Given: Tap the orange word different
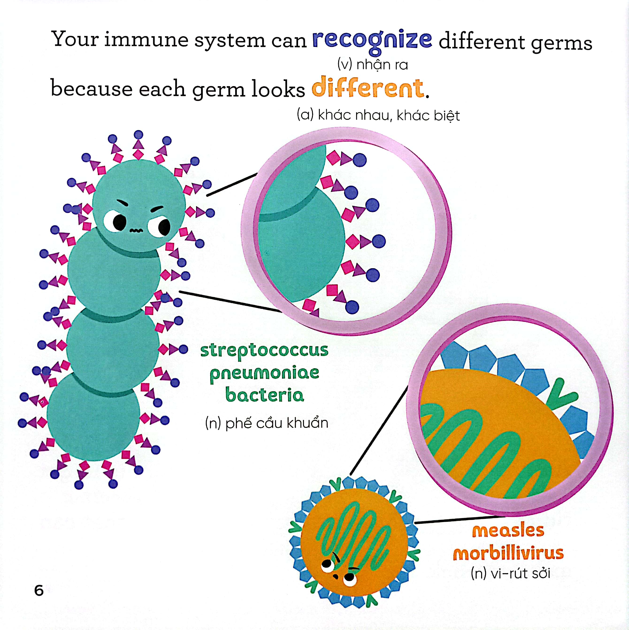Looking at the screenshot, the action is point(368,87).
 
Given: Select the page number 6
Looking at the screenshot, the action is point(39,591).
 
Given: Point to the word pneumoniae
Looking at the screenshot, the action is point(265,374).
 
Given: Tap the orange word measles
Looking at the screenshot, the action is point(508,531).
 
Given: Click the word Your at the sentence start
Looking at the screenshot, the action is point(75,39).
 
